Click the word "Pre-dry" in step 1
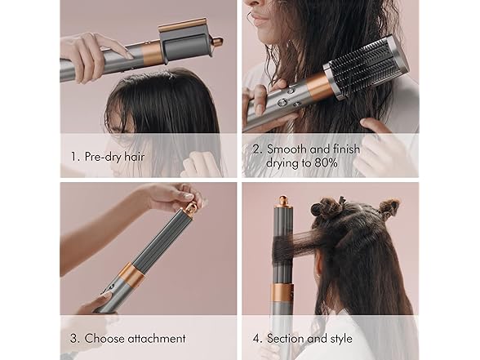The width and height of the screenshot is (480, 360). click(x=102, y=157)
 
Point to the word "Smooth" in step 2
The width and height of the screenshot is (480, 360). click(x=287, y=149)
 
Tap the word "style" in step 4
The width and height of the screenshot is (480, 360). click(x=341, y=338)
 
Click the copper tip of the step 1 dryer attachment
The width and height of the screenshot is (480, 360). click(x=218, y=42)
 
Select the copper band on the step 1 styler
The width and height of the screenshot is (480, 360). click(x=152, y=54)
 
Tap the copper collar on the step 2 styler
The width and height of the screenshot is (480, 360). click(x=320, y=87)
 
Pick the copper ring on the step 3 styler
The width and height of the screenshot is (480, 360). click(x=131, y=275)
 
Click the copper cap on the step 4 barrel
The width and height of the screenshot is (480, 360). click(x=282, y=201)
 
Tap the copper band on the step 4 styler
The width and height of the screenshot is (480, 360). click(x=282, y=292)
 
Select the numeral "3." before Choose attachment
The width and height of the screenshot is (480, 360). click(x=75, y=339)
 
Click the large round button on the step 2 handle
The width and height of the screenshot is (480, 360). click(x=282, y=102)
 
